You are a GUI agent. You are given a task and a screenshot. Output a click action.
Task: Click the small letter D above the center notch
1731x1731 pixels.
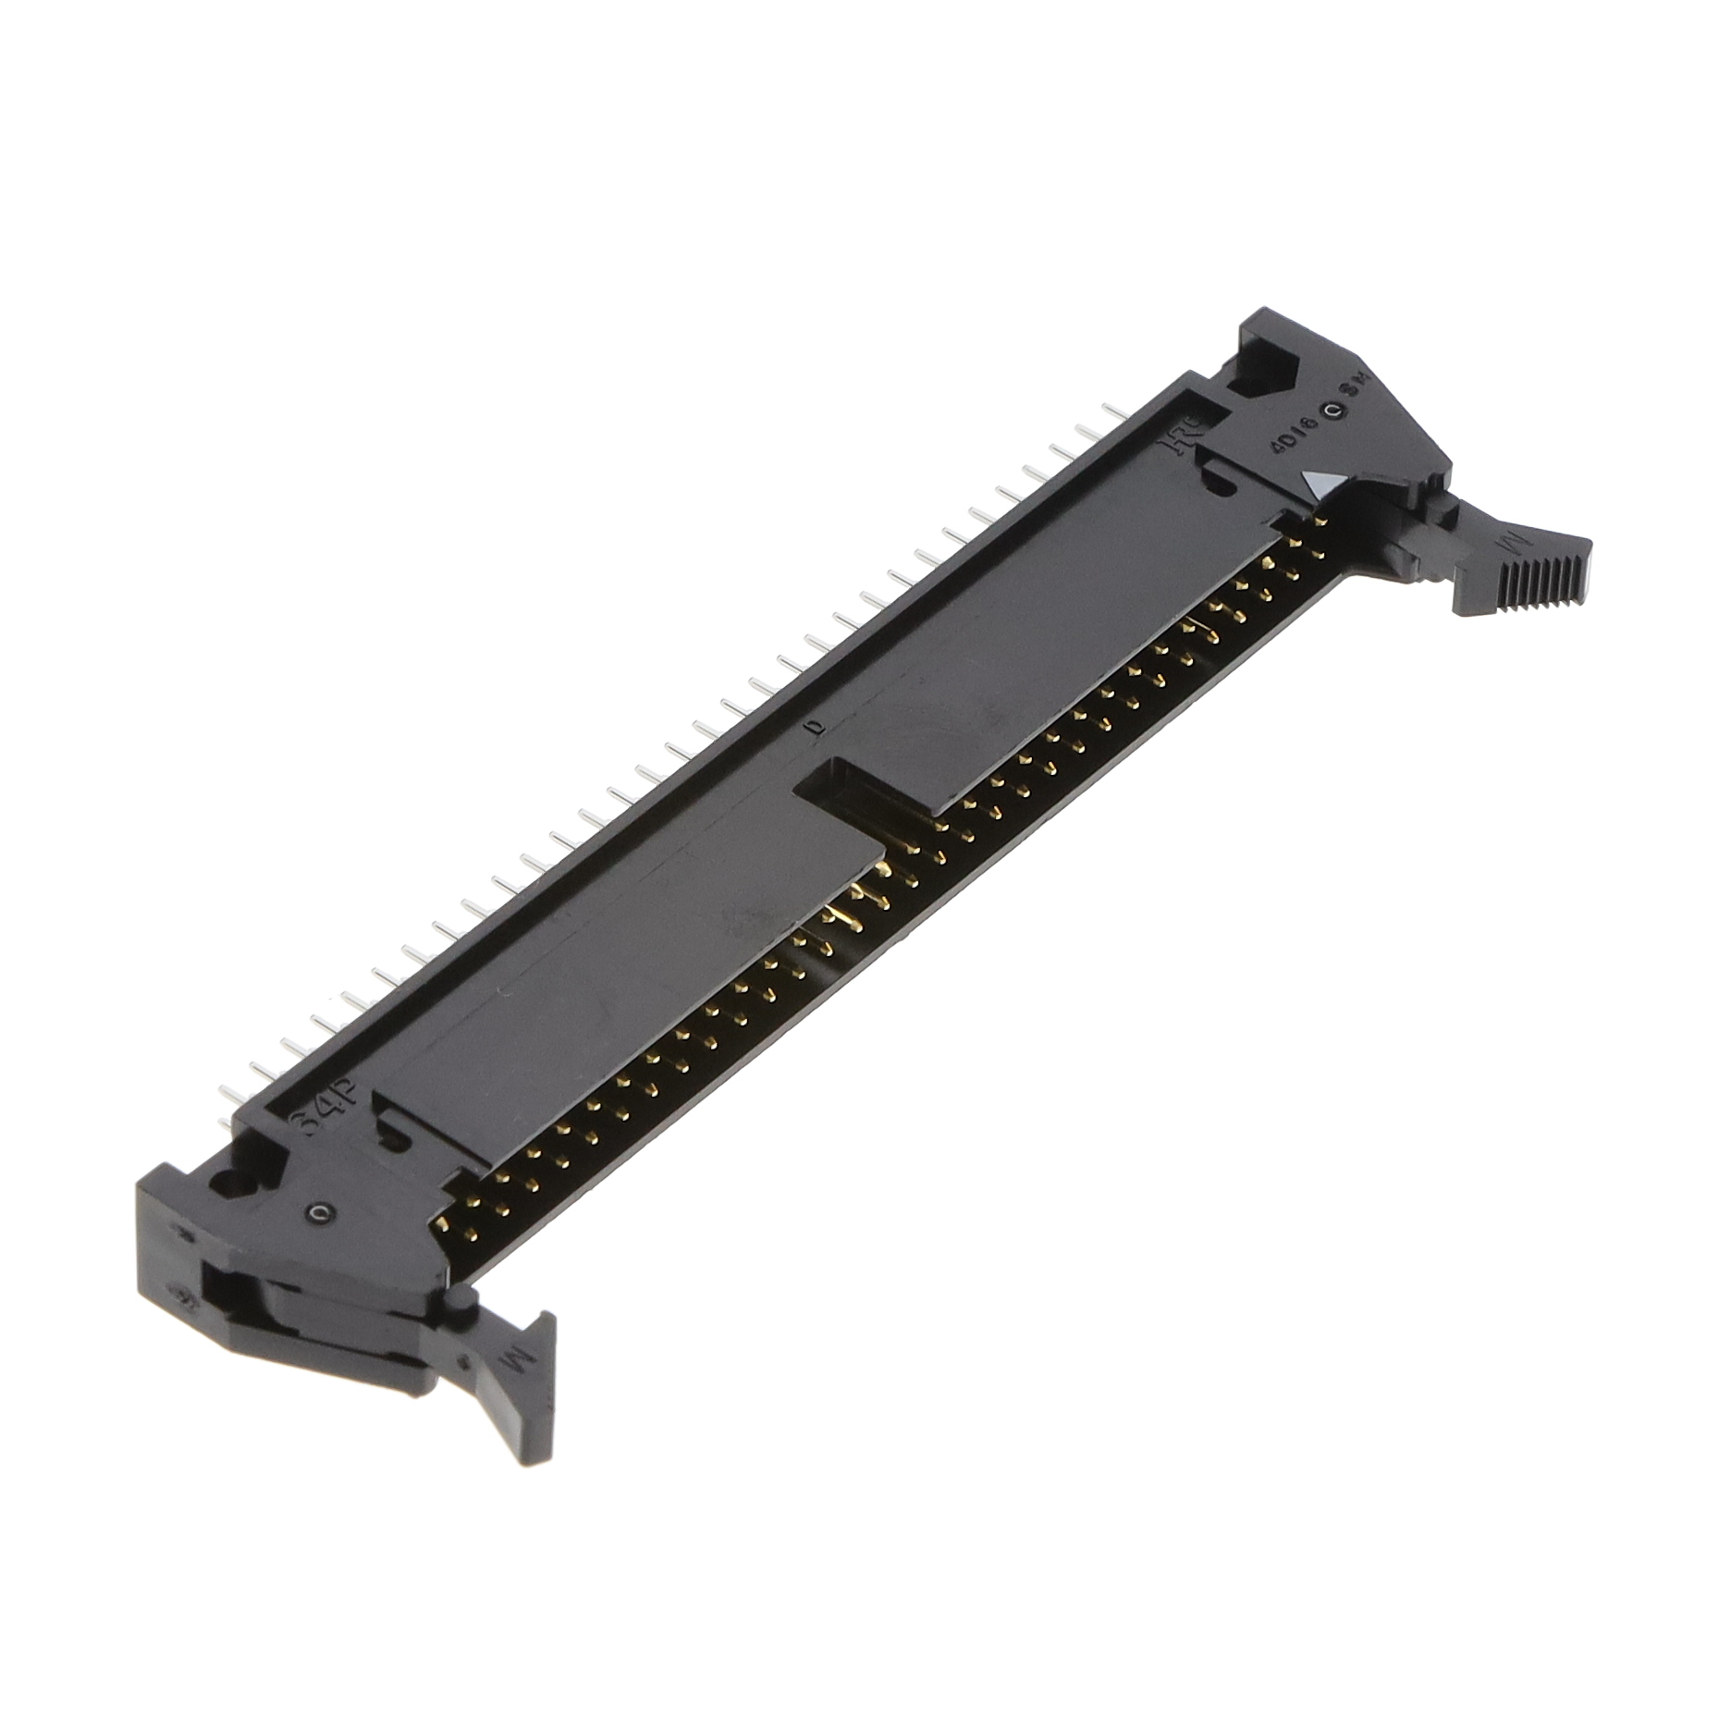tap(815, 729)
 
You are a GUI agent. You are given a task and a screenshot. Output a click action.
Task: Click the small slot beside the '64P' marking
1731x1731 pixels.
tap(396, 1136)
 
